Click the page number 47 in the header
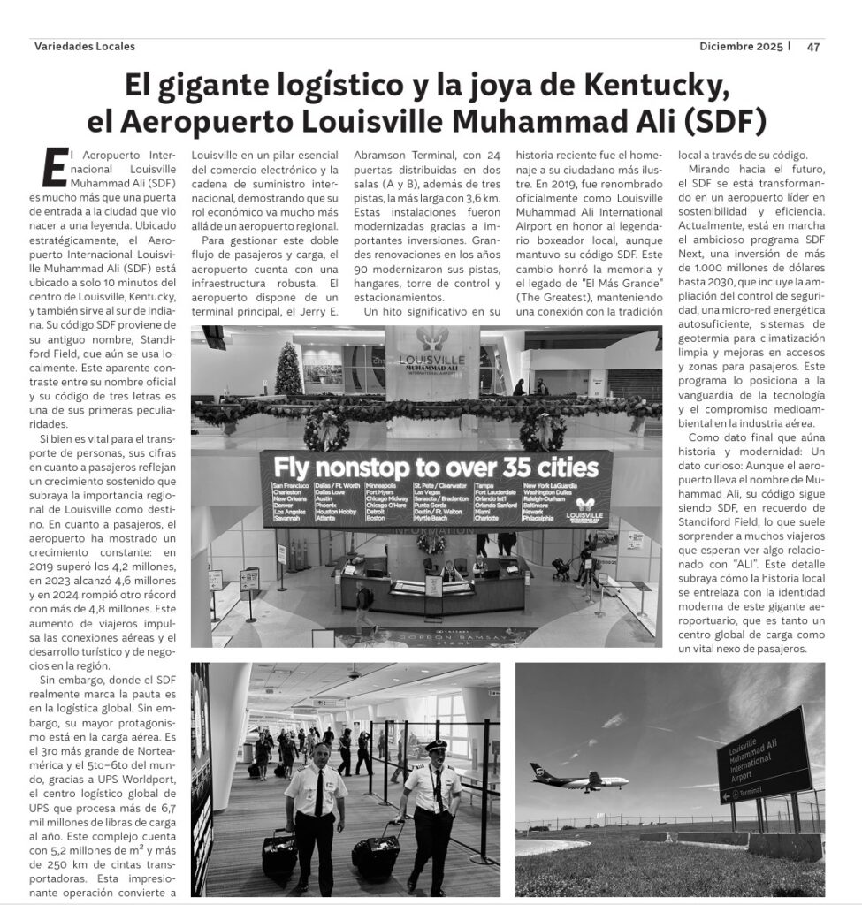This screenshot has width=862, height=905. [x=813, y=48]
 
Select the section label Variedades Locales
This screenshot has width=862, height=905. [x=84, y=47]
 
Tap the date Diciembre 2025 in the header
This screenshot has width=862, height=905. [x=741, y=48]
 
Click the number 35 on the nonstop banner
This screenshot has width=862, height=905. [x=515, y=466]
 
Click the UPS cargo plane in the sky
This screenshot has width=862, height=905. [x=578, y=778]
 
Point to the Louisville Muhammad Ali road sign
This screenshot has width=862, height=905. [x=762, y=755]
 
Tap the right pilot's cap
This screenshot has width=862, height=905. [x=437, y=747]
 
